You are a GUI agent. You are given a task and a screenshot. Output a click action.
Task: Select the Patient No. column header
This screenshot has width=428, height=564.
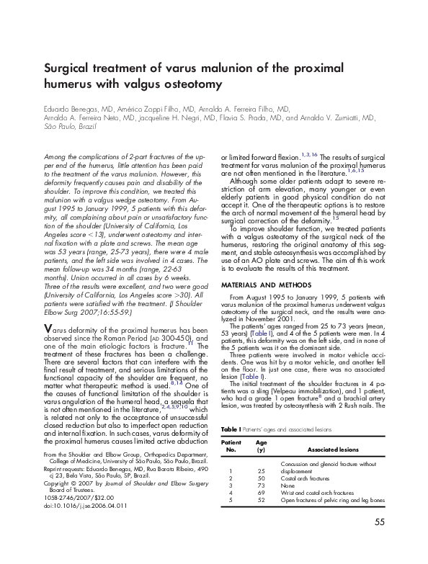tap(231, 445)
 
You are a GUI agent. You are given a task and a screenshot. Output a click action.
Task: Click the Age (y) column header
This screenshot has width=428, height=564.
tap(262, 445)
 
